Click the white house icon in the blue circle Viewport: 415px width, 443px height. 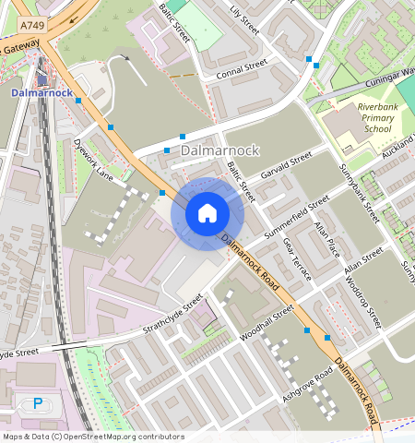(x=207, y=214)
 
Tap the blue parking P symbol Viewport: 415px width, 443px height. (x=38, y=402)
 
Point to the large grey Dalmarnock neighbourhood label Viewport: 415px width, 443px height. (x=220, y=150)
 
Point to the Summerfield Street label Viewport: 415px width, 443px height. (x=296, y=219)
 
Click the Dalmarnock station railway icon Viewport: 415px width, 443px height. (x=41, y=79)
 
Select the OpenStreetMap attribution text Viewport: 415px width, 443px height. (x=93, y=437)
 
